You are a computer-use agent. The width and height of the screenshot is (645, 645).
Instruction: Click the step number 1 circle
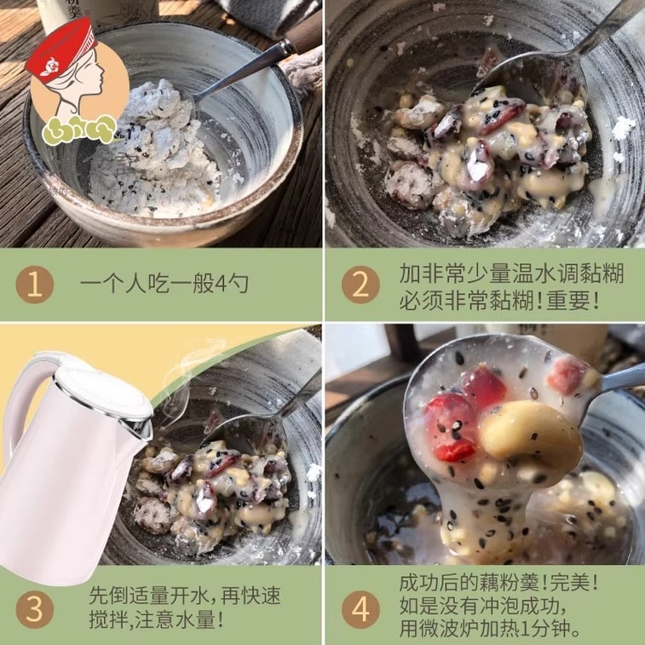(35, 285)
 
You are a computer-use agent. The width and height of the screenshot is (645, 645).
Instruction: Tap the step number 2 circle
(360, 285)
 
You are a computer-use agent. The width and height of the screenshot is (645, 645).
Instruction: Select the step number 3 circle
(35, 608)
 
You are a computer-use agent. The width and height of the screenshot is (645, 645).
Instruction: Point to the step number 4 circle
(360, 608)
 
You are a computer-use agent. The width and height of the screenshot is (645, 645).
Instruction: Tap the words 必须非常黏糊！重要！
(499, 300)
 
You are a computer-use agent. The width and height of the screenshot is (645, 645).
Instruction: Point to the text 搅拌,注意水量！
(157, 619)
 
